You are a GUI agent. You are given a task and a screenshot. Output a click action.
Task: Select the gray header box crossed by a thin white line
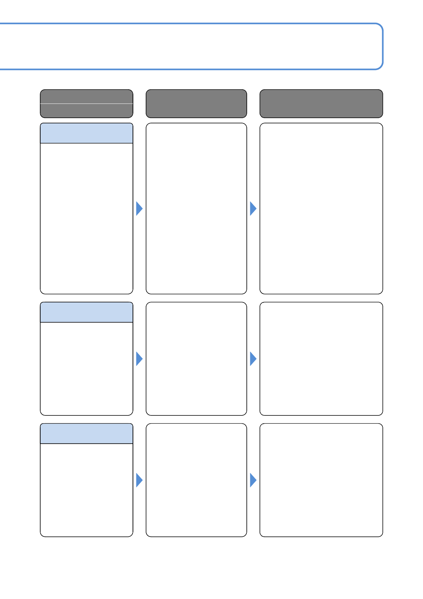click(x=86, y=104)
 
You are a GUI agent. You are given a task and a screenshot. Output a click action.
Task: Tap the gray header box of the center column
click(x=196, y=104)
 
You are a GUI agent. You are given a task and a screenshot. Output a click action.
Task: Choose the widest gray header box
click(x=321, y=104)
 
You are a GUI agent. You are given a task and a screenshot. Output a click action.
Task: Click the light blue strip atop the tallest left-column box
click(x=86, y=133)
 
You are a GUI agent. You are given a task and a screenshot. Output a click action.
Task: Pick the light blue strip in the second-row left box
click(x=86, y=312)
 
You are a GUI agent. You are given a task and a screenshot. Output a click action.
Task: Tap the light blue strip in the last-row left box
click(x=86, y=434)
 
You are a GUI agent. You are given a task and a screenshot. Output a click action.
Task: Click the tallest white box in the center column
click(x=196, y=208)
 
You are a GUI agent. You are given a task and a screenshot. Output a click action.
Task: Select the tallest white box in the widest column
click(x=321, y=208)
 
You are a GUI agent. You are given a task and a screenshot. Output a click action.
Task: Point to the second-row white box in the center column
click(x=196, y=359)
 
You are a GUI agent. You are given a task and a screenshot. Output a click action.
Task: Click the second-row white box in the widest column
click(x=321, y=359)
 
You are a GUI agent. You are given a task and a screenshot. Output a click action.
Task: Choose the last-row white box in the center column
click(x=196, y=480)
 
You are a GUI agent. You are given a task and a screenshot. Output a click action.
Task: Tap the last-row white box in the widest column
click(x=321, y=480)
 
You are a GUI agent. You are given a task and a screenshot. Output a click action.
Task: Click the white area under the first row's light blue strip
click(x=86, y=218)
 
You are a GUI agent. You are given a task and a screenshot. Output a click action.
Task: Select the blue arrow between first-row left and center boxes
click(x=139, y=208)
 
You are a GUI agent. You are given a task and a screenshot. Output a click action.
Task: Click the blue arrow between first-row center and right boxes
click(x=253, y=208)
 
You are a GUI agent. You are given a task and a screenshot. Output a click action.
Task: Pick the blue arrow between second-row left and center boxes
click(x=139, y=359)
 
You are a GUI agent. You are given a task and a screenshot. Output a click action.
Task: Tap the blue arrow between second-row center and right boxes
click(x=253, y=359)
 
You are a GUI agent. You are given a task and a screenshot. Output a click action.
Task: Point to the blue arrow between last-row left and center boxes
click(x=139, y=480)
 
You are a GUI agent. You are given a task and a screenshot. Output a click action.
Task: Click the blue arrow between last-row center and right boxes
click(x=253, y=480)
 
